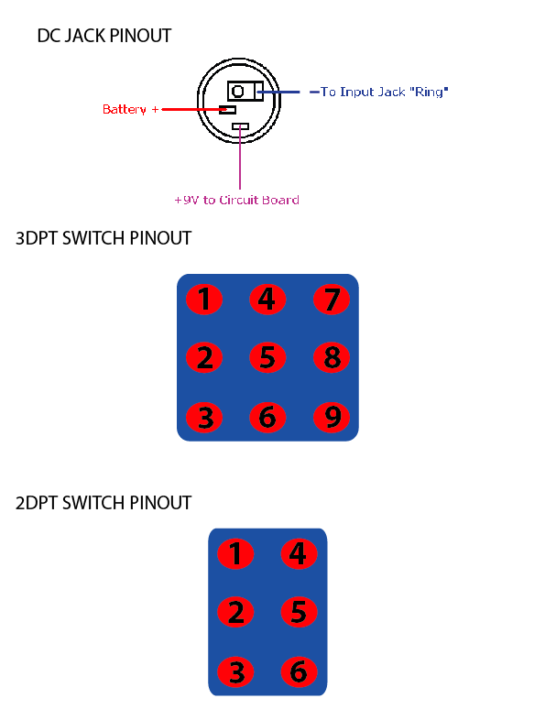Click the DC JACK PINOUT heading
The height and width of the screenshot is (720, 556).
click(x=104, y=36)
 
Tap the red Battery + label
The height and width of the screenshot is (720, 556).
click(x=130, y=109)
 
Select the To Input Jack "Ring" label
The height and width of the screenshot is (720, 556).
click(x=384, y=92)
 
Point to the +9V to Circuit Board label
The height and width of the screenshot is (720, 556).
click(x=237, y=200)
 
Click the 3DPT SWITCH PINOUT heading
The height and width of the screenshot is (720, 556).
click(x=104, y=238)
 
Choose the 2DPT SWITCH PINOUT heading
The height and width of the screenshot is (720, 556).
click(x=104, y=503)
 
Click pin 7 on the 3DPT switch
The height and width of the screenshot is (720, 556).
click(x=332, y=300)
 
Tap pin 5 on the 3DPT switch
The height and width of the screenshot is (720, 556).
click(x=267, y=357)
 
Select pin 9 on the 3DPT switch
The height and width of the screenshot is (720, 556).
click(x=332, y=417)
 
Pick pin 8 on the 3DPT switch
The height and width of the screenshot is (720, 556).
click(x=332, y=357)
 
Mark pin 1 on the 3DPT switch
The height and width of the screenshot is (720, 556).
click(x=204, y=300)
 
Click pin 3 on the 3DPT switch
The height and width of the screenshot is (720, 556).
click(x=204, y=417)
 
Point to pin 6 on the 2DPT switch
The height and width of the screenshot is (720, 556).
click(x=299, y=671)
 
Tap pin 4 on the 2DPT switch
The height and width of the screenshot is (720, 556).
click(x=299, y=553)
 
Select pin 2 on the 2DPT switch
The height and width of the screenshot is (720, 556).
click(x=235, y=612)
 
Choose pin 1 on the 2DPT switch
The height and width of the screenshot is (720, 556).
click(x=235, y=553)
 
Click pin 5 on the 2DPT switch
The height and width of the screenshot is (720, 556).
click(x=299, y=612)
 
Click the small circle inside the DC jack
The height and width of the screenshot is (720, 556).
click(x=238, y=92)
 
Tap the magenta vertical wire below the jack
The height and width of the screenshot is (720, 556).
click(x=240, y=158)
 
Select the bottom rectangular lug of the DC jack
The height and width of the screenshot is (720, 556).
click(x=240, y=126)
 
